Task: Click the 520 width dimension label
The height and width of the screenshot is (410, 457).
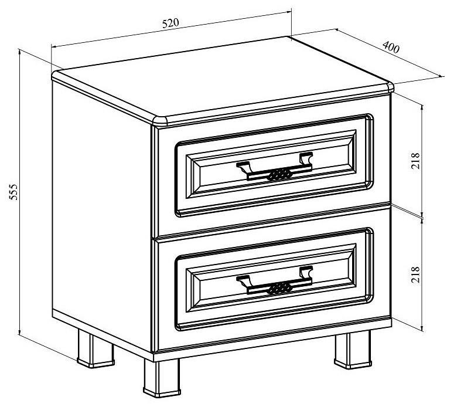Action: pos(170,23)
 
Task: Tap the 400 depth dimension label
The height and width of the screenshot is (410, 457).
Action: pos(391,48)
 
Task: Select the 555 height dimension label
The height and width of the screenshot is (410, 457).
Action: pos(13,192)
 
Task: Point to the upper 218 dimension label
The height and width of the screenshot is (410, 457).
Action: pos(415,161)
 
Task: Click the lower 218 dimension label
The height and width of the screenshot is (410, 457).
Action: pos(415,275)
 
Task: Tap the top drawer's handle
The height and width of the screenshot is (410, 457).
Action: pos(275,167)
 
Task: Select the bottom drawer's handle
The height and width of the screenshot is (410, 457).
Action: pos(275,281)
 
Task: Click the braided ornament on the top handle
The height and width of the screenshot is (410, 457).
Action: pos(279,175)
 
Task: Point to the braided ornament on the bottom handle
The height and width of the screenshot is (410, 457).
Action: pos(279,289)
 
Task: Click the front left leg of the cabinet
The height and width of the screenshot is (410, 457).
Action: pos(162,378)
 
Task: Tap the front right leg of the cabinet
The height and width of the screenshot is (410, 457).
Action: pos(353,350)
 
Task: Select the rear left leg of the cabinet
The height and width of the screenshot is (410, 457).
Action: pos(95,348)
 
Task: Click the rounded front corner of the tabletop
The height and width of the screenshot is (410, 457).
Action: pos(160,121)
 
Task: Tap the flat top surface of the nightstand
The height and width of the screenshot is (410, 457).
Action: pos(222,78)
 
